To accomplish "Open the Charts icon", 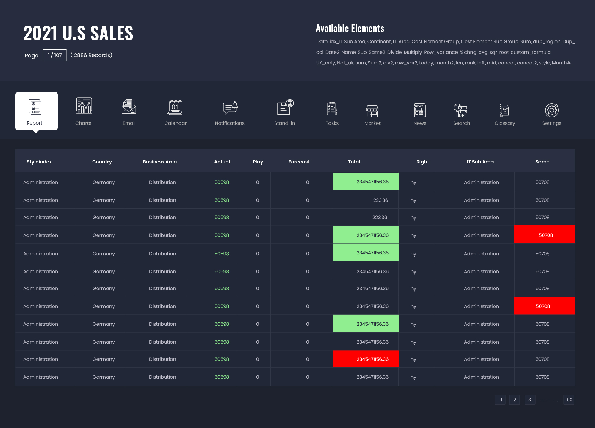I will click(x=84, y=106).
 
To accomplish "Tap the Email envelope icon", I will click(x=129, y=107).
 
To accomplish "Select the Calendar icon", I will click(x=175, y=108).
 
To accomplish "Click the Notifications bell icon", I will click(x=230, y=108).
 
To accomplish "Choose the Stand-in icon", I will click(x=285, y=108).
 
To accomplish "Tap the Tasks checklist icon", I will click(x=332, y=108).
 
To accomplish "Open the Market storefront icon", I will click(x=372, y=111).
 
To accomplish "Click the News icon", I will click(x=420, y=110).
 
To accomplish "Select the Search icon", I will click(x=460, y=110).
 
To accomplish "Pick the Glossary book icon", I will click(x=505, y=110).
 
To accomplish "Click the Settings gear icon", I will click(x=552, y=110).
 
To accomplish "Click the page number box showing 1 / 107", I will click(x=55, y=55).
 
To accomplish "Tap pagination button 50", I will click(x=569, y=400).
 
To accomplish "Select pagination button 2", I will click(x=515, y=400).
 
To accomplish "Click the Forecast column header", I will click(x=299, y=162).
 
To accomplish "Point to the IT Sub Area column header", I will click(x=480, y=162).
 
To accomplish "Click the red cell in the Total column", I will click(x=366, y=359).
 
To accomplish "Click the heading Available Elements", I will click(x=350, y=29).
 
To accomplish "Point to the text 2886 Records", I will click(x=92, y=55).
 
